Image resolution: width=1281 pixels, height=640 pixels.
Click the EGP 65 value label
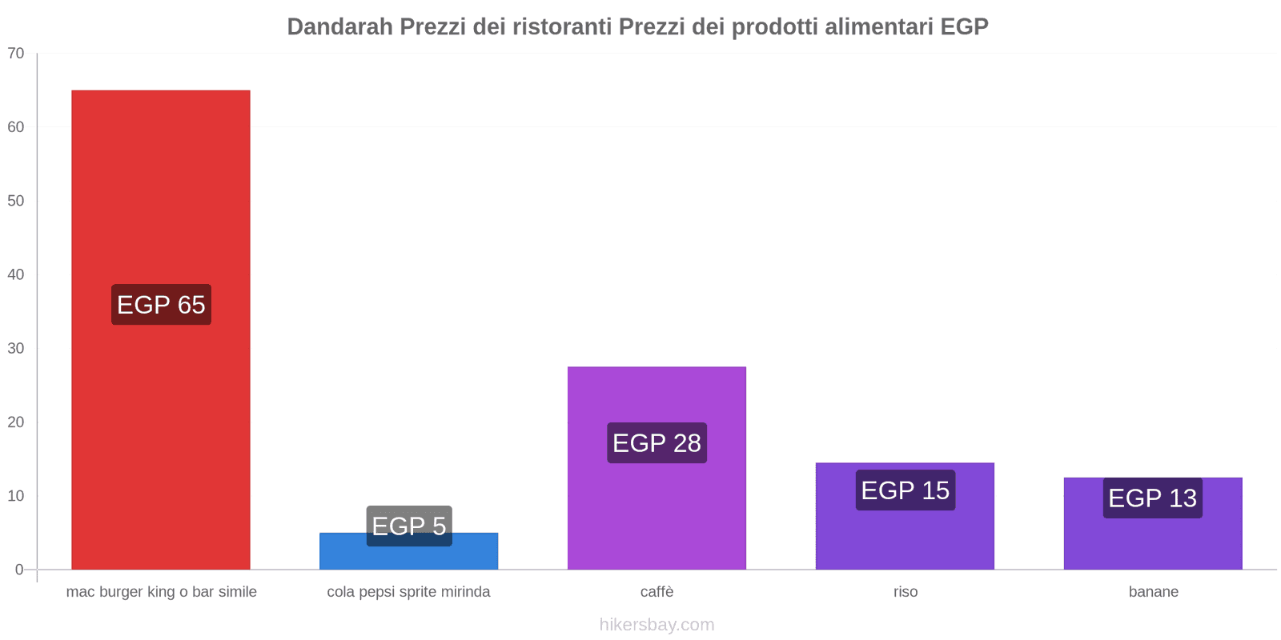pos(161,305)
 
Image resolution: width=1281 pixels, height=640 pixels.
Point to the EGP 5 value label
pos(409,526)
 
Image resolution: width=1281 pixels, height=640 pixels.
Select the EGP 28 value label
pos(657,442)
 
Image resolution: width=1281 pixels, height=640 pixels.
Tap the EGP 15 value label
pos(905,490)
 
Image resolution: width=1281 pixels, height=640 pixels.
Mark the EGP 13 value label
pos(1152,498)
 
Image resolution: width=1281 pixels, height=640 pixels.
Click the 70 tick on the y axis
pos(16,54)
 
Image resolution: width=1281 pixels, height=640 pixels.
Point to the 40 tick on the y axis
pos(16,274)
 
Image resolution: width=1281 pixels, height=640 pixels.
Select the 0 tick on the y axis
pos(19,570)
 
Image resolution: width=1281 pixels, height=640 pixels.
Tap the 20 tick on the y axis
pos(16,422)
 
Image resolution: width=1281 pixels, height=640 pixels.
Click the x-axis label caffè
pos(657,592)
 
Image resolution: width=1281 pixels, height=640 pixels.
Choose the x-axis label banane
pos(1153,592)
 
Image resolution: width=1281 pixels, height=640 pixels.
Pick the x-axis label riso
pos(906,592)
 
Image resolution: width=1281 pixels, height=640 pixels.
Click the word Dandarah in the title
pos(339,27)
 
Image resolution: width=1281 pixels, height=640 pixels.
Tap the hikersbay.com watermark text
pos(657,625)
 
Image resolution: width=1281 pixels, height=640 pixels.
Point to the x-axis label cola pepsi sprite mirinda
pos(408,592)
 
